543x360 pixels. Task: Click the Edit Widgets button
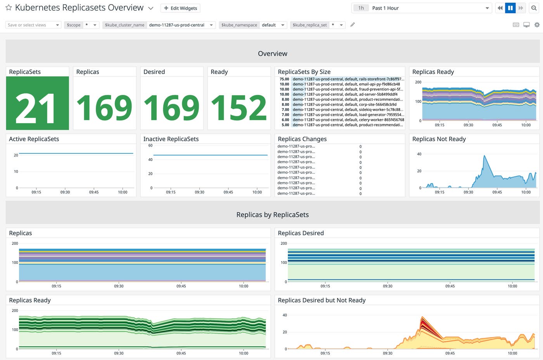coord(180,8)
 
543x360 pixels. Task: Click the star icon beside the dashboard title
coord(9,8)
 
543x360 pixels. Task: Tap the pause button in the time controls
coord(510,8)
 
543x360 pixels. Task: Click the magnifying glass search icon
coord(534,8)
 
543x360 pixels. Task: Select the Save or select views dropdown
coord(33,25)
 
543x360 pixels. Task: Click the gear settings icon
coord(537,25)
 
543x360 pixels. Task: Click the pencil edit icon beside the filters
coord(353,25)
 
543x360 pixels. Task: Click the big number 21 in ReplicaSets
coord(37,108)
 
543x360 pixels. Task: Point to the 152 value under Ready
coord(239,108)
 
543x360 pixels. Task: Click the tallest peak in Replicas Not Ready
coord(484,157)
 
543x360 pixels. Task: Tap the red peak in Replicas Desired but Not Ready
coord(422,320)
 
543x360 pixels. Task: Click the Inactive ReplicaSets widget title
coord(171,139)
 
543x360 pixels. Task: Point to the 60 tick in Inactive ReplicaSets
coord(150,146)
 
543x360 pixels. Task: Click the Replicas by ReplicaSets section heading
coord(272,215)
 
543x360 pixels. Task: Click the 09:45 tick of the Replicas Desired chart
coord(450,286)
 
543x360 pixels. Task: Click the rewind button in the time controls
coord(500,8)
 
